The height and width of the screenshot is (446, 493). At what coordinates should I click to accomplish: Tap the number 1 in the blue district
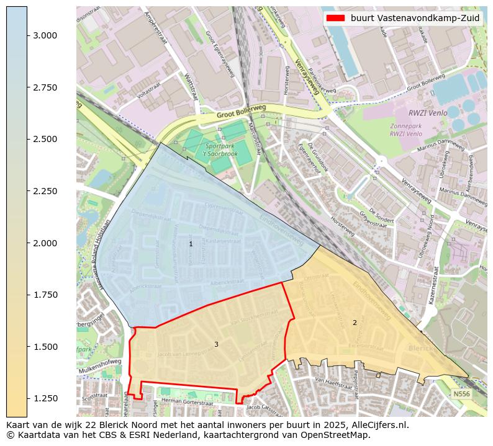click(191, 244)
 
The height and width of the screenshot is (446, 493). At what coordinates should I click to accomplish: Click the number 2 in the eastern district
click(355, 323)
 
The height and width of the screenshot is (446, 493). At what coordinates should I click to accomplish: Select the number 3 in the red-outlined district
click(216, 344)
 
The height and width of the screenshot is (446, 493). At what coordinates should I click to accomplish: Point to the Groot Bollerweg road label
click(241, 112)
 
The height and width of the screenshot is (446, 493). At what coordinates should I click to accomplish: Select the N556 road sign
click(461, 394)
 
